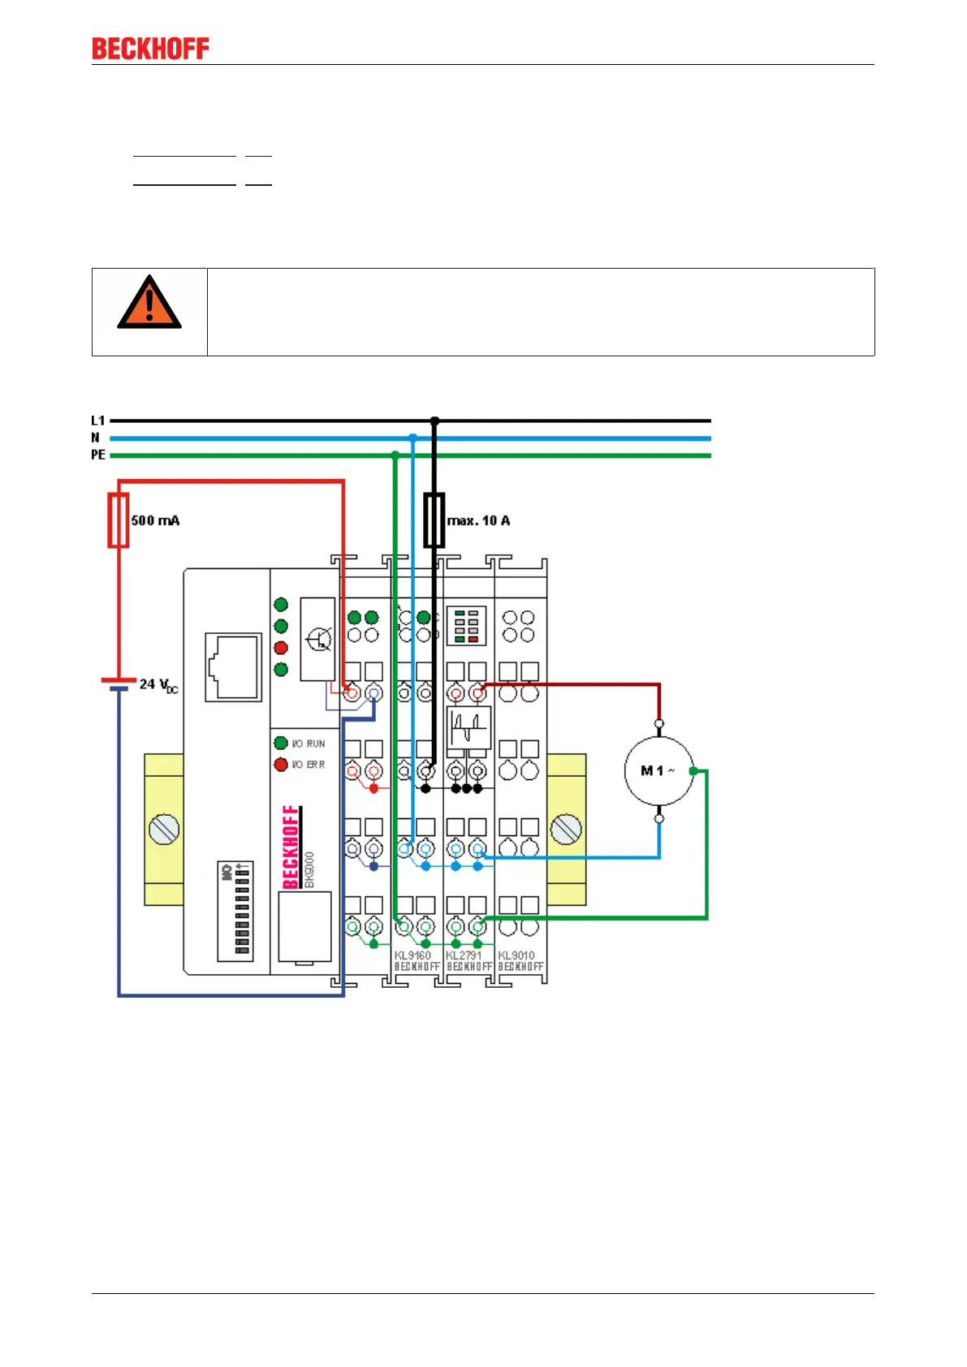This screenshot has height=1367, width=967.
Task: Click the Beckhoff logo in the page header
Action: click(150, 49)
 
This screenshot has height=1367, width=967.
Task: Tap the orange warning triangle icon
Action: click(149, 303)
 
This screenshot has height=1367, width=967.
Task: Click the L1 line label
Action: click(98, 420)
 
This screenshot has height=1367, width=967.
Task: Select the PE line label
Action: click(98, 455)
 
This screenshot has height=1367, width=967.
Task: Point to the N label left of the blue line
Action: click(96, 438)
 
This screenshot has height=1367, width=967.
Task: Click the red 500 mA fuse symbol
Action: click(119, 520)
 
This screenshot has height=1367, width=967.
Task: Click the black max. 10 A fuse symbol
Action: click(434, 520)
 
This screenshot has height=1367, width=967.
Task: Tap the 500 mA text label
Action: click(155, 520)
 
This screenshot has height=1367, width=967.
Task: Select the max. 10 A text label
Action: click(479, 520)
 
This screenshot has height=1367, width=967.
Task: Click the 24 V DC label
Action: click(158, 685)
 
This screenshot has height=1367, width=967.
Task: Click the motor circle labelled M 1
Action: click(658, 770)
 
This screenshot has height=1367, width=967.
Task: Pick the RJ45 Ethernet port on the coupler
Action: click(233, 666)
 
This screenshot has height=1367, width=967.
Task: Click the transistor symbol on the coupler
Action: click(318, 639)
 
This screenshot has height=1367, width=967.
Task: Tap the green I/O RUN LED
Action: click(281, 743)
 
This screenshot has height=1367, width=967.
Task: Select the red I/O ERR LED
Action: click(281, 764)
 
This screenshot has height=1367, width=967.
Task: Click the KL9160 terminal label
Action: click(412, 955)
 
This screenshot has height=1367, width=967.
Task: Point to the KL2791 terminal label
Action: click(464, 955)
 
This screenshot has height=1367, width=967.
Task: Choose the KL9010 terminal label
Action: click(516, 955)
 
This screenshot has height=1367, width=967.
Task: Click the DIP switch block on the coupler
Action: click(235, 911)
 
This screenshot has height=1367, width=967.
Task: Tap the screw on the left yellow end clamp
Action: click(165, 830)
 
